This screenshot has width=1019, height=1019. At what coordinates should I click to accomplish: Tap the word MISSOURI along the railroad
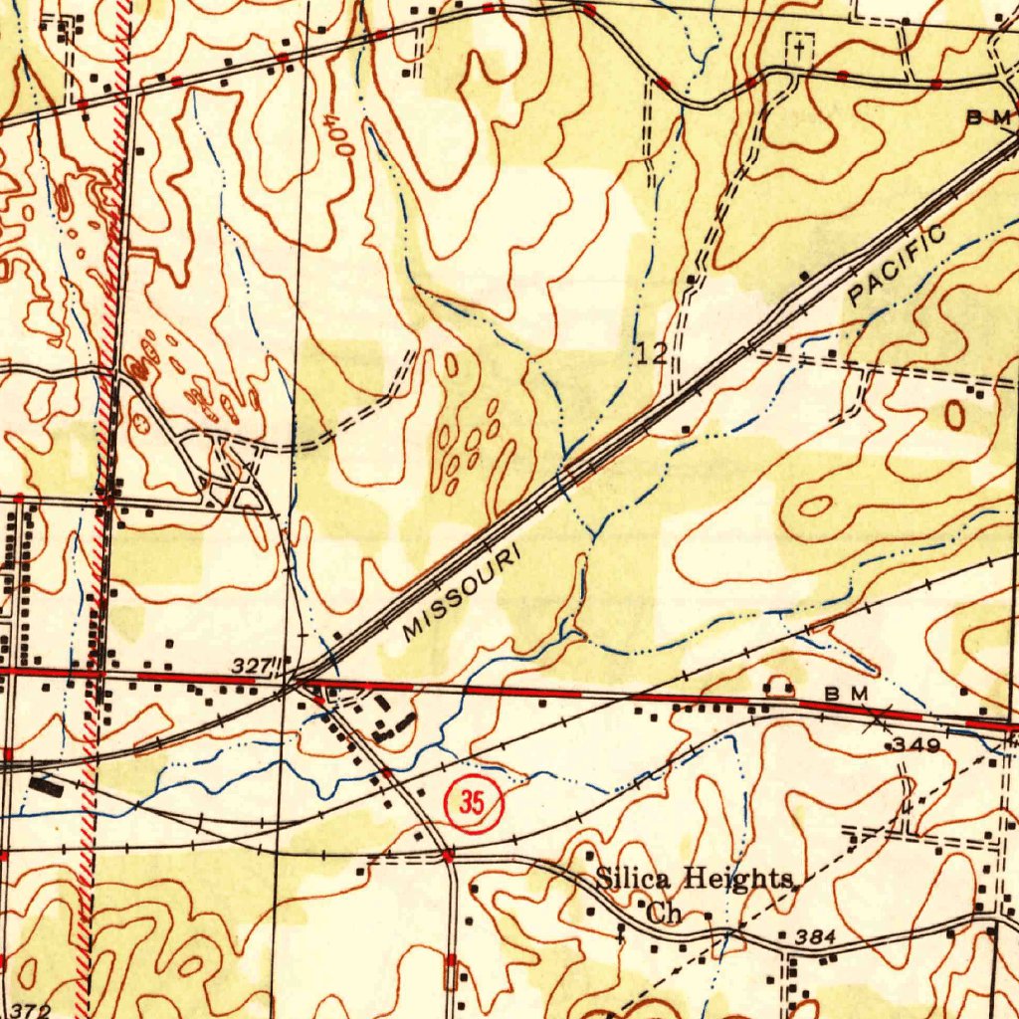pos(462,594)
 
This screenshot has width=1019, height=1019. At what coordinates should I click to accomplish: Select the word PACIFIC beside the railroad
pos(898,266)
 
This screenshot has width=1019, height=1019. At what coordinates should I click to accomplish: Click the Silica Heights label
pos(694,879)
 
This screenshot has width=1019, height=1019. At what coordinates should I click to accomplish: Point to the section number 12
pos(653,352)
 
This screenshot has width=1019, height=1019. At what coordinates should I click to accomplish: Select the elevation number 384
pos(815,935)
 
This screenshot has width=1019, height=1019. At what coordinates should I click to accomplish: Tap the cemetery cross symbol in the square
pos(799,47)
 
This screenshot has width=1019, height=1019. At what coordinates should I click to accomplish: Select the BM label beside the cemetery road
pos(989,118)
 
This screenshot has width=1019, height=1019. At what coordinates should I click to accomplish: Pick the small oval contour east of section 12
pos(954,415)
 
